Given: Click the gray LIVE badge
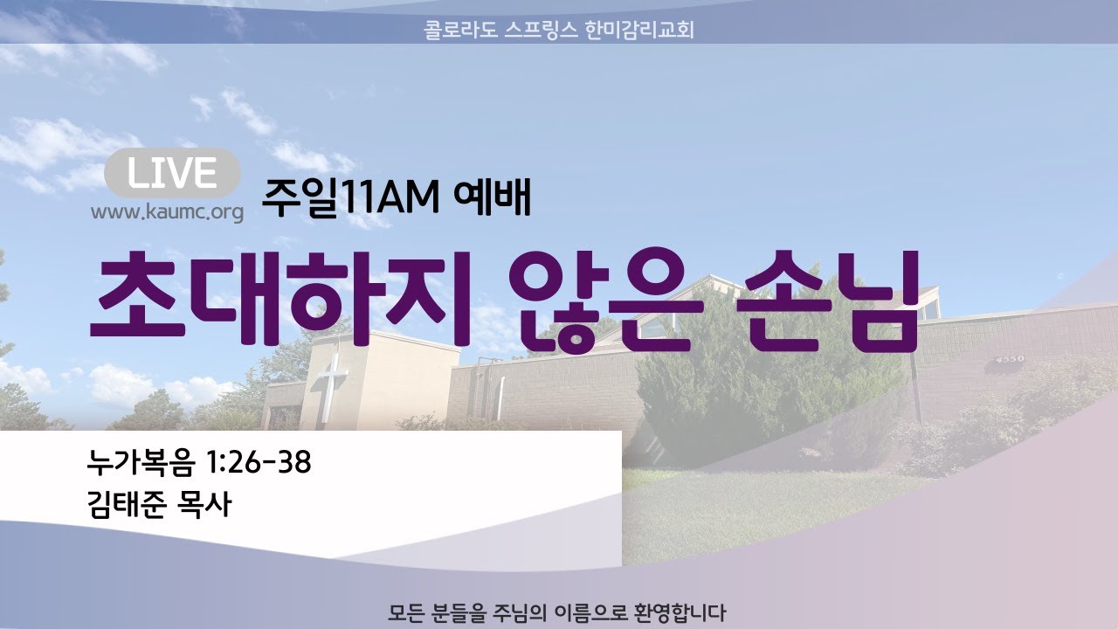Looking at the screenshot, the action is (x=172, y=173).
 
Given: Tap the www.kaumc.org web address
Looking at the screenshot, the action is (x=167, y=212).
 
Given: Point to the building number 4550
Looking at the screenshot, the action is (x=1010, y=359).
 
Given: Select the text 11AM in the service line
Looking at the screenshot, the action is (x=389, y=198).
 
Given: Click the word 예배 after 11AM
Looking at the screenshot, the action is (x=492, y=197).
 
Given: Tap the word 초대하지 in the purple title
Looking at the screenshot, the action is (x=280, y=299).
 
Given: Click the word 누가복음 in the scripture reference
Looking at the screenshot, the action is (x=141, y=462).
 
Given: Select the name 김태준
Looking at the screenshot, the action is (x=127, y=504).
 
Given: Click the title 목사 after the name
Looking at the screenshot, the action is (x=204, y=504).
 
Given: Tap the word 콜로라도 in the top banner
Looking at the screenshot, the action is (x=460, y=30).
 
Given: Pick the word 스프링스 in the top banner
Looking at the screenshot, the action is (x=541, y=30).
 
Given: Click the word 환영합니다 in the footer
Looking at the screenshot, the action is (x=680, y=613).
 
